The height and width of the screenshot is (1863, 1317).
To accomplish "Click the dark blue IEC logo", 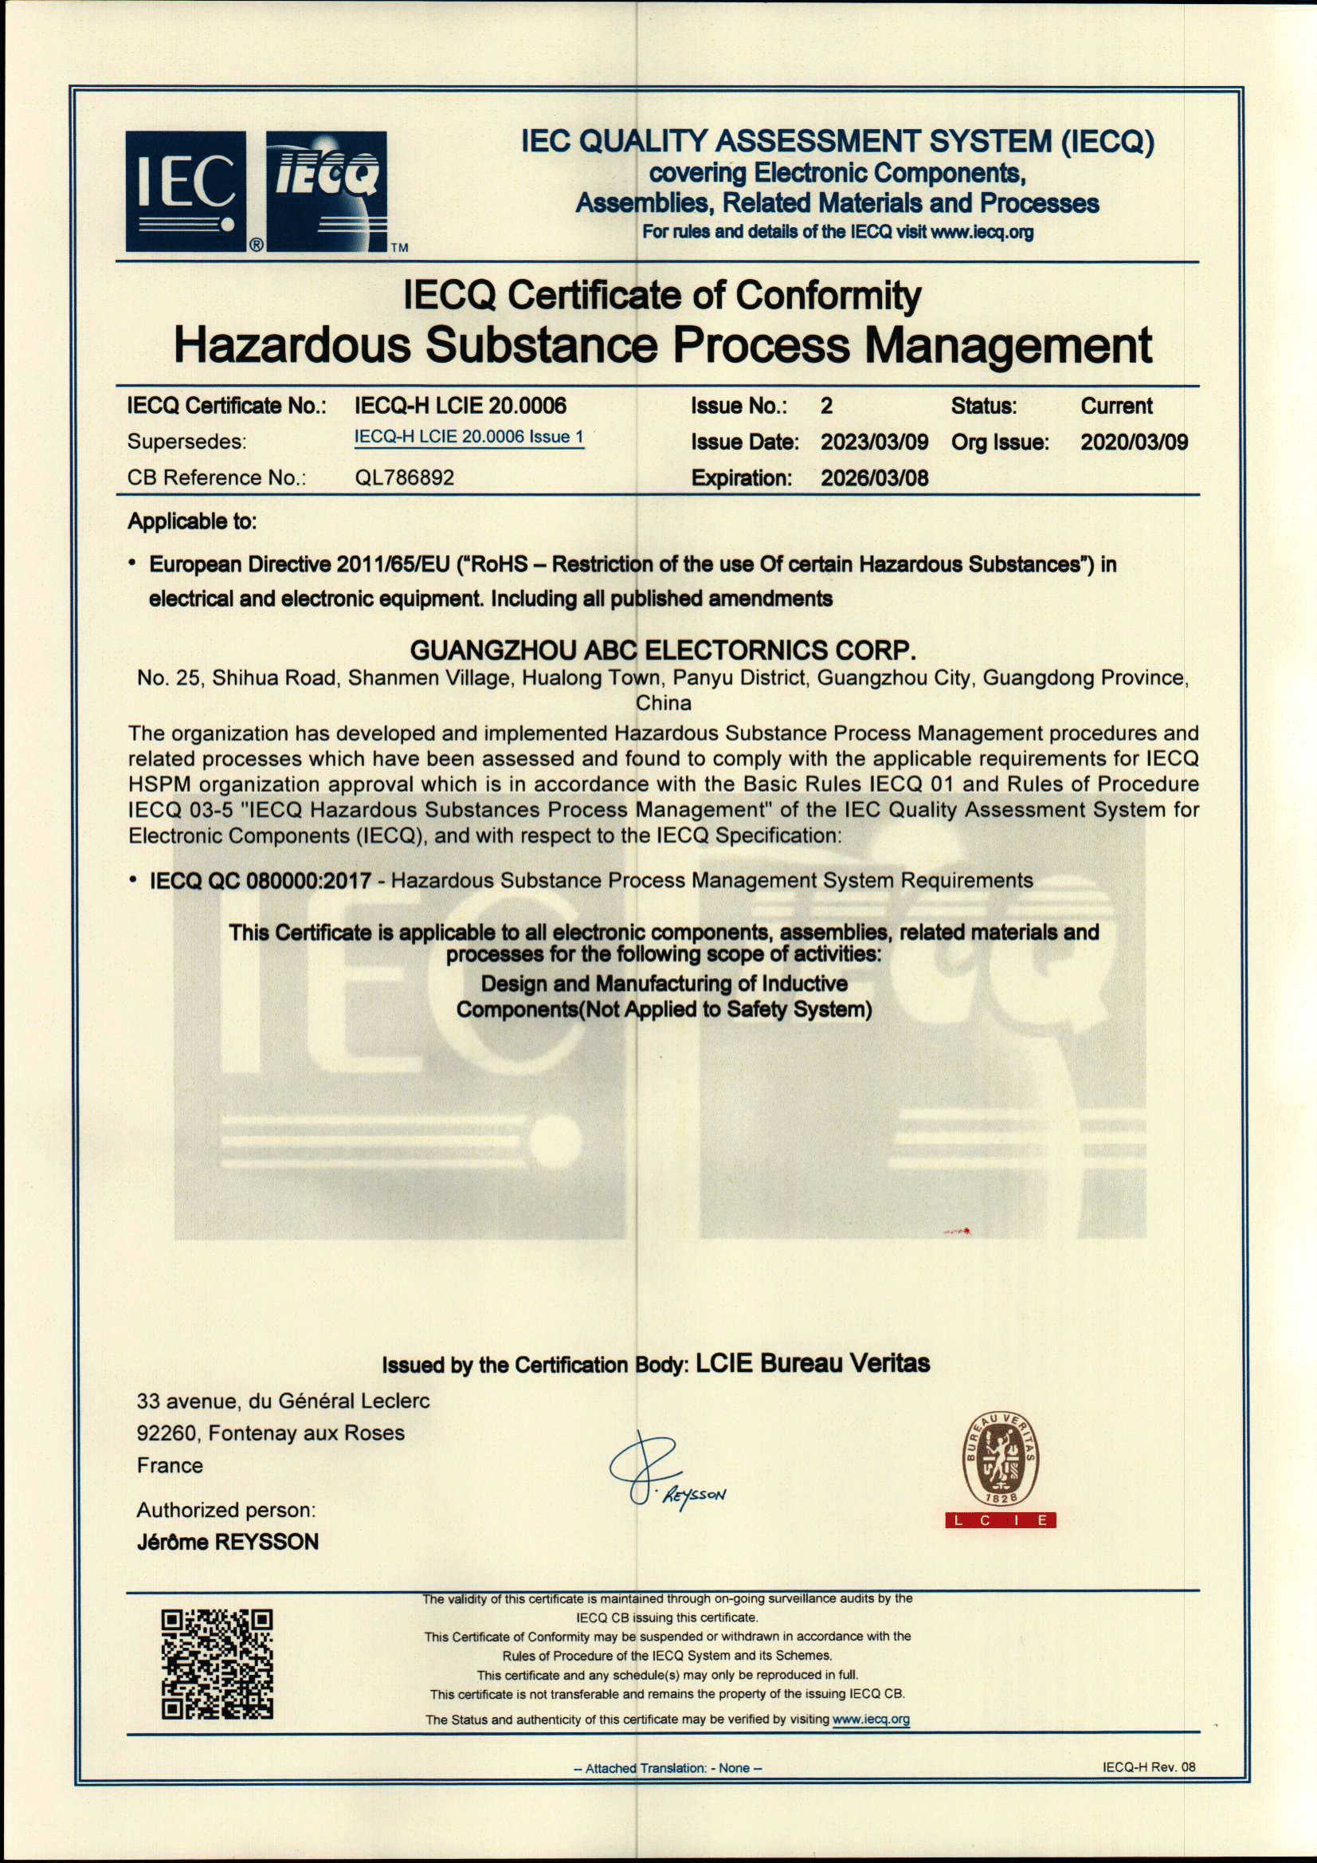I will pos(186,191).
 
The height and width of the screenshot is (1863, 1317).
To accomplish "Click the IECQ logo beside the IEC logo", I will pos(327,191).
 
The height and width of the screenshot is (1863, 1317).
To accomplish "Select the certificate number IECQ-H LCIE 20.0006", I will pos(460,406).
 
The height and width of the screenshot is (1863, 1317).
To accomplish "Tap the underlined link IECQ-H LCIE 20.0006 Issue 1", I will pos(468,437).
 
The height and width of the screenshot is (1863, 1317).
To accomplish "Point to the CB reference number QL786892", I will pos(404,477).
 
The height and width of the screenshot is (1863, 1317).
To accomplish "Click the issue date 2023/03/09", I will pos(873,442).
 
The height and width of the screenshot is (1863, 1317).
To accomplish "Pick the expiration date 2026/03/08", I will pos(873,478).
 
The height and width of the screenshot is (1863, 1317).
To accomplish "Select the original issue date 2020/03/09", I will pos(1133,442).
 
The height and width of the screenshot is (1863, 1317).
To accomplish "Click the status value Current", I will pos(1116,406).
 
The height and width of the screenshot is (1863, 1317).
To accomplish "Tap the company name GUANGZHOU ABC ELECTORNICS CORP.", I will pos(663,650).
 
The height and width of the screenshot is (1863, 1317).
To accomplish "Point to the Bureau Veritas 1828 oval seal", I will pos(999,1458).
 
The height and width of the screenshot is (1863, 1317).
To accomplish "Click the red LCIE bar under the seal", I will pos(1000,1519).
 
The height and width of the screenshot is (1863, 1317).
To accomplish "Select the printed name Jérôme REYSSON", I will pos(228,1542).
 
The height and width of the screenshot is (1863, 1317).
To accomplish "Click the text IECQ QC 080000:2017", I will pos(261,880).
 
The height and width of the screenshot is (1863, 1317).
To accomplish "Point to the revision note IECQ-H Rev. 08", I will pos(1148,1767).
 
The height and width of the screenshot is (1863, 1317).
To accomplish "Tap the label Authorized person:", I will pos(225,1510).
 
